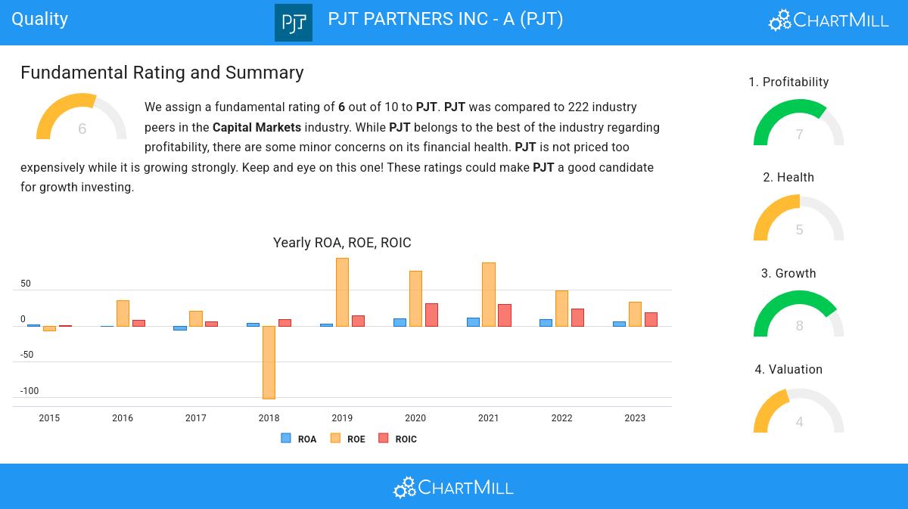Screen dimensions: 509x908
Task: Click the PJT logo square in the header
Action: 294,22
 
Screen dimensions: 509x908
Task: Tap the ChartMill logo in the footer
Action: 453,487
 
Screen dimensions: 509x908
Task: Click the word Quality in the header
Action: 40,19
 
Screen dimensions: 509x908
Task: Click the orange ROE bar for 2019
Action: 342,292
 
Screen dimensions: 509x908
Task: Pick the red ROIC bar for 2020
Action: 431,315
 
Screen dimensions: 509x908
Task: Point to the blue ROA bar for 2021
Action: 473,322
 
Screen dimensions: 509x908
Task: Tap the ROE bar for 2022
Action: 561,308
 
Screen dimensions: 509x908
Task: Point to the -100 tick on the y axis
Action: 30,391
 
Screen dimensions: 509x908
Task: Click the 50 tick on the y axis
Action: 26,284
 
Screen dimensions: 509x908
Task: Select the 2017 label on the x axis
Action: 195,418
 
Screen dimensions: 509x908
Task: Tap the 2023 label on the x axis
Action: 635,418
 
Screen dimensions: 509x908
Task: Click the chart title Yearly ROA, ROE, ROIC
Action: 342,243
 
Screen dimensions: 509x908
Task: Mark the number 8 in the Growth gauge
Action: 799,326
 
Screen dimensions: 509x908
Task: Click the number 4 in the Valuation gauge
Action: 799,422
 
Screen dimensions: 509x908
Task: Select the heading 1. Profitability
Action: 788,82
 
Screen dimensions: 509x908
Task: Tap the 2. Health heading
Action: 788,177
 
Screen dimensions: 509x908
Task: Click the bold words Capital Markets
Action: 257,127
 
